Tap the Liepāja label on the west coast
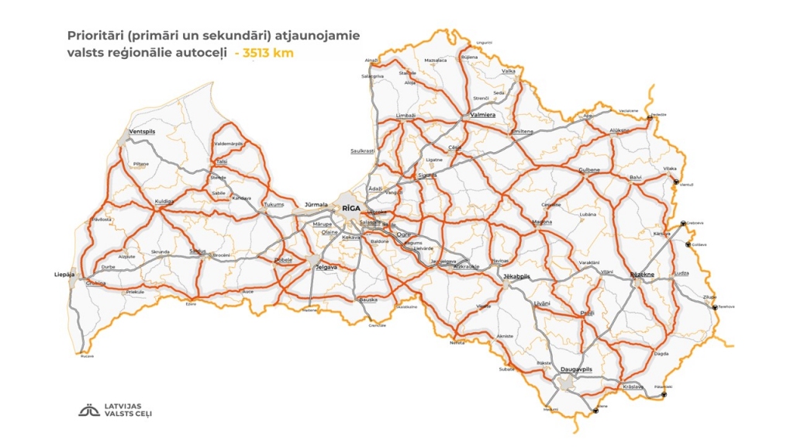coord(65,274)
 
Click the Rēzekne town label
coord(642,275)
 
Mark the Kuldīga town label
coord(164,201)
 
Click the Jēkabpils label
coord(516,277)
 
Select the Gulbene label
coord(590,169)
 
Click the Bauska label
coord(367,299)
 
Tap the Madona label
coord(542,223)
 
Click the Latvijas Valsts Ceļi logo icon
coord(89,410)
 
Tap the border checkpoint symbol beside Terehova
coord(715,307)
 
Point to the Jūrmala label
coord(317,205)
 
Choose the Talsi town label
coord(222,161)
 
